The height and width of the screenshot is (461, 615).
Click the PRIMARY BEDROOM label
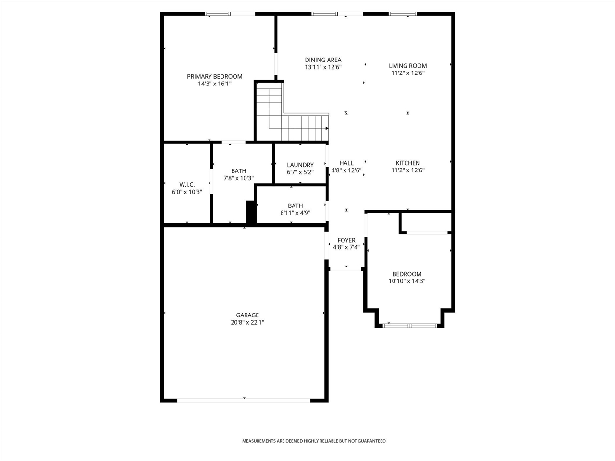(214, 76)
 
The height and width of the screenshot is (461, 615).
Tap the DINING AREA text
(323, 60)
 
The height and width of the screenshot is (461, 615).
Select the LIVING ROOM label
(407, 66)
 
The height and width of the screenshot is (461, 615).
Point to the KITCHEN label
(407, 163)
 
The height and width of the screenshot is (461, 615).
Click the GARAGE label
(247, 315)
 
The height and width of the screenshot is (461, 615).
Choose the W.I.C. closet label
(186, 184)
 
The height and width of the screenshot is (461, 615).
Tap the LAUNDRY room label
(300, 165)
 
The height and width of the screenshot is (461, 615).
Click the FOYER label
(346, 240)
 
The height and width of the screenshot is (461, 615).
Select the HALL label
(346, 163)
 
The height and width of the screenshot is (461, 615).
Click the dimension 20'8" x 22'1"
(247, 323)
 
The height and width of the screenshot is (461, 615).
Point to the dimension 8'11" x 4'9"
(295, 213)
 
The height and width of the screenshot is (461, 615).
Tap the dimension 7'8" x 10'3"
(238, 178)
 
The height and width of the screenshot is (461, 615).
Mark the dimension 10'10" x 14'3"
(407, 281)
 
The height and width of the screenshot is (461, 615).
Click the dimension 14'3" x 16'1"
(214, 84)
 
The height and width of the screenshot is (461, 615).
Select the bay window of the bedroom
(410, 325)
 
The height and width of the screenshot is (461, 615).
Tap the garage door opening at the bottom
(244, 400)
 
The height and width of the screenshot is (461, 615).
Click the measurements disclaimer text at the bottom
(313, 441)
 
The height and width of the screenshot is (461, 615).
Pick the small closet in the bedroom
(426, 222)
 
